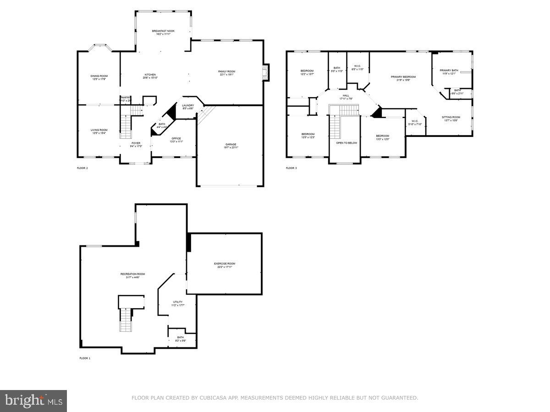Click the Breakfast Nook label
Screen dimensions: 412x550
point(163,31)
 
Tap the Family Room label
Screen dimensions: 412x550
point(226,72)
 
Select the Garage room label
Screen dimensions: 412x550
point(231,145)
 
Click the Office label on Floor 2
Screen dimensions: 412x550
point(176,139)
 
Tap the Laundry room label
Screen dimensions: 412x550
point(188,106)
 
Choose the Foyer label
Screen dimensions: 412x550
point(136,143)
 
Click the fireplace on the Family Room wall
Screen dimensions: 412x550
point(264,72)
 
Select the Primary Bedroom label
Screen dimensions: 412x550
point(403,77)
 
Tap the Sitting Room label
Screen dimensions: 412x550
point(451,117)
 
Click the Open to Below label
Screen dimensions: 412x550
point(346,143)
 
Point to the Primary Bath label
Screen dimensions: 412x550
point(449,70)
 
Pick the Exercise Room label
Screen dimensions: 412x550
point(225,264)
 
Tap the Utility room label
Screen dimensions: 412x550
point(178,302)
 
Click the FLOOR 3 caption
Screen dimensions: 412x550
point(291,168)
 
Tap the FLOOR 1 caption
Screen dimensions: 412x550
point(85,358)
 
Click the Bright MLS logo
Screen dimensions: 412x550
point(33,401)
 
